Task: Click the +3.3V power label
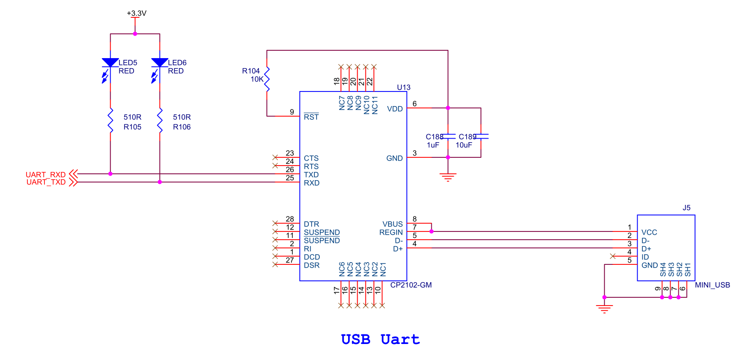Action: click(136, 13)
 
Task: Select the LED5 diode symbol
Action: click(110, 63)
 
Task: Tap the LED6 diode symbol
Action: click(160, 63)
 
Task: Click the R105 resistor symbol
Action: click(110, 121)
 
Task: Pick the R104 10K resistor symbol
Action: click(267, 79)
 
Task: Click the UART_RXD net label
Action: click(46, 174)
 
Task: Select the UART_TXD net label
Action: click(46, 182)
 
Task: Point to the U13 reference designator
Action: click(403, 87)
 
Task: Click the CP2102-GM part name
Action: click(411, 285)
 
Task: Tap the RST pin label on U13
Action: click(311, 117)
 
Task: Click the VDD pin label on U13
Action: click(395, 109)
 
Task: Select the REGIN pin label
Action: click(391, 232)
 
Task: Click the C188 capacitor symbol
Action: click(448, 136)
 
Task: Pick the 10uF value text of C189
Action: click(463, 145)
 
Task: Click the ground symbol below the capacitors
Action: click(448, 177)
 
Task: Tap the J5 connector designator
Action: click(686, 208)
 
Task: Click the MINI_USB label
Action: click(712, 285)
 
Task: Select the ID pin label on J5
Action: click(645, 257)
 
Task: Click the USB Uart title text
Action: click(380, 339)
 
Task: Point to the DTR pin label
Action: click(311, 224)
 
